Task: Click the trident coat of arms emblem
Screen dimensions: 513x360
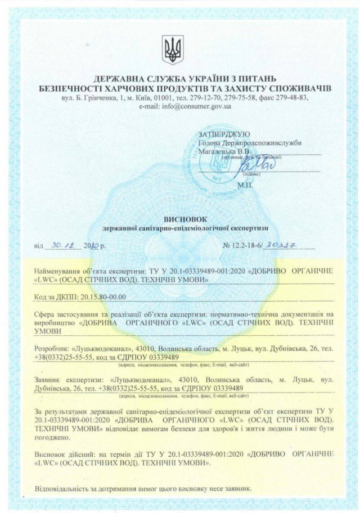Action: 173,50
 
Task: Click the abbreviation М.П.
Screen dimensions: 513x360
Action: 246,184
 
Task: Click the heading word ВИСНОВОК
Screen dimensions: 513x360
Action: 179,219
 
